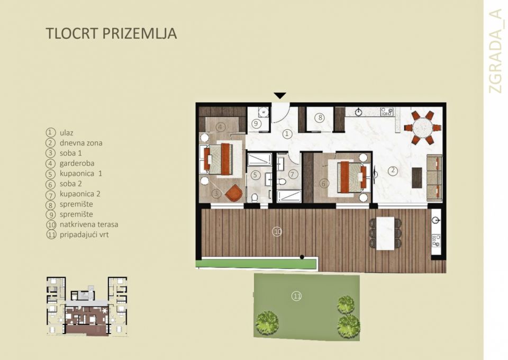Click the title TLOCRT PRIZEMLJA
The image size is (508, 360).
pos(111,34)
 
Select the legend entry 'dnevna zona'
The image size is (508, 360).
pos(80,143)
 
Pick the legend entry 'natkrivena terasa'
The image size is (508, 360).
pos(88,224)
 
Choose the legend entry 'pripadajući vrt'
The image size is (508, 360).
pos(84,235)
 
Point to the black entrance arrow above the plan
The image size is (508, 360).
pos(280,96)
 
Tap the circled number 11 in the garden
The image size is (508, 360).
pos(296,296)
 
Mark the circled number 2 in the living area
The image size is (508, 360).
pos(392,170)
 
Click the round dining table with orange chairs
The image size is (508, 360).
pos(422,127)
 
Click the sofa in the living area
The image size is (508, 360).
pos(434,177)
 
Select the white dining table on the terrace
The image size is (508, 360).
pos(385,233)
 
